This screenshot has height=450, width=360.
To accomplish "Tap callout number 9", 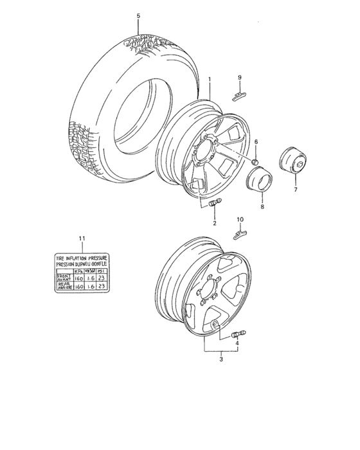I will click(240, 78).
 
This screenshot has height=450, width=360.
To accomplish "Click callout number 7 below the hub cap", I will click(296, 190).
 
